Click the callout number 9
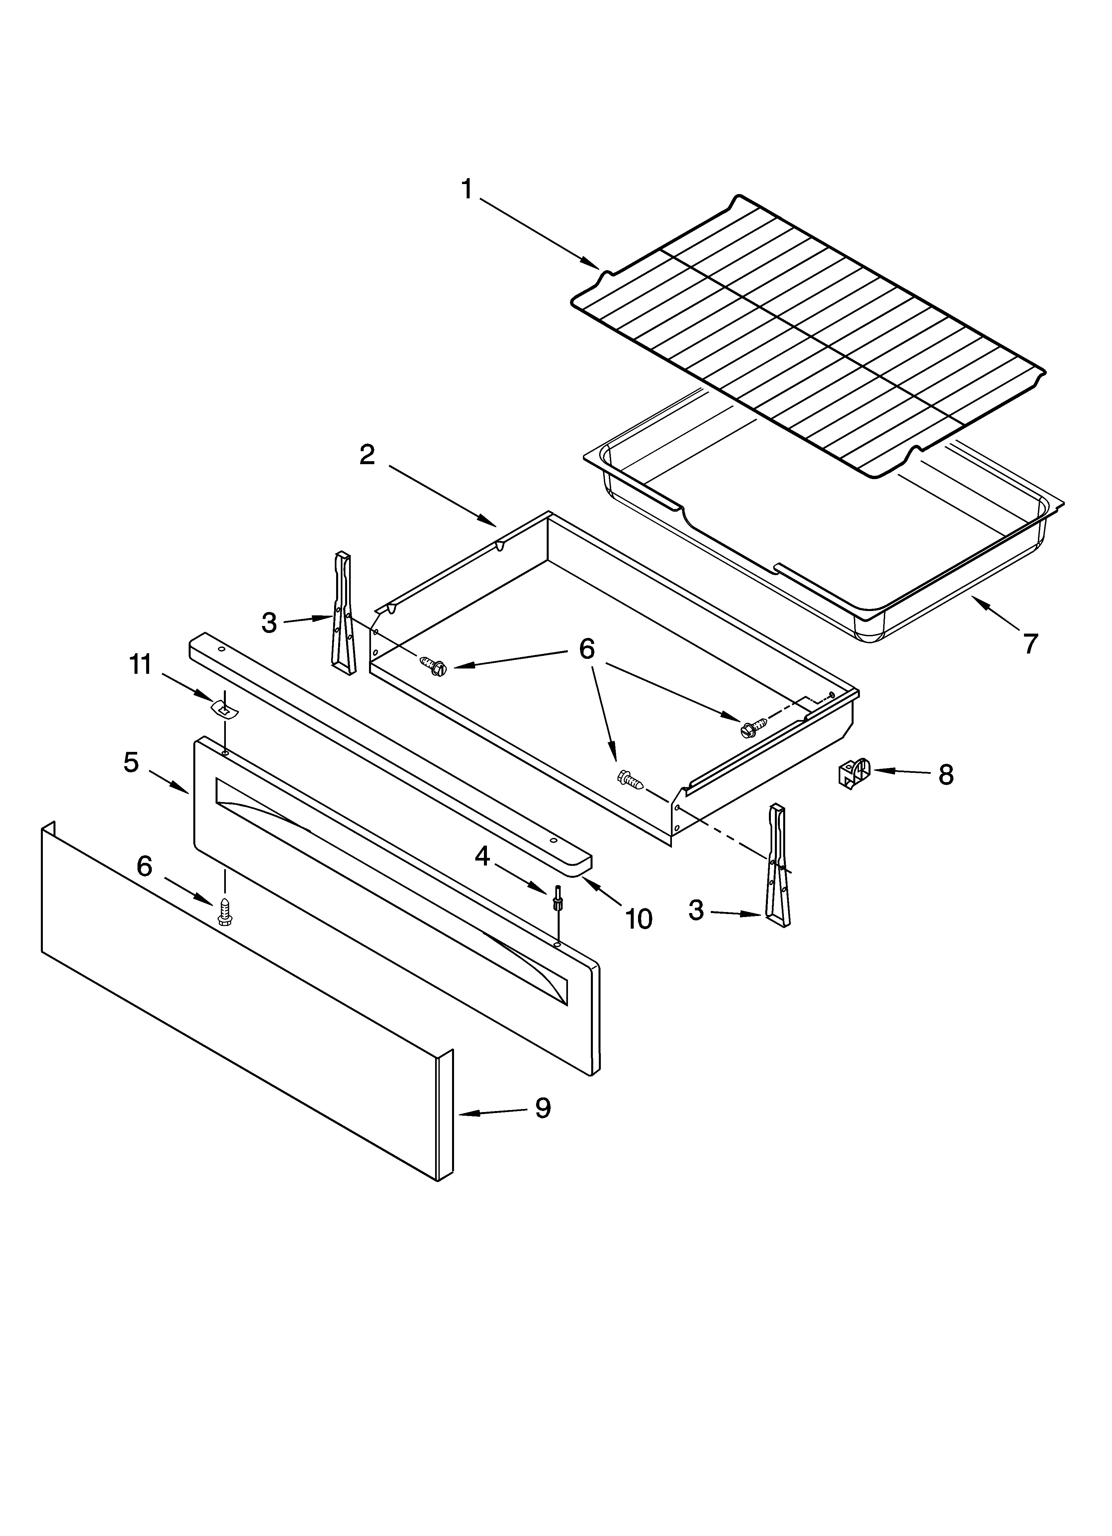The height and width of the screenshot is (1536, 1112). tap(542, 1108)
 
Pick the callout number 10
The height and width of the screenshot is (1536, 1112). tap(638, 919)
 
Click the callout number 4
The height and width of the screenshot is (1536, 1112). tap(482, 857)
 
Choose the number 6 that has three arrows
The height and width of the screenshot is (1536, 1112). tap(587, 649)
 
